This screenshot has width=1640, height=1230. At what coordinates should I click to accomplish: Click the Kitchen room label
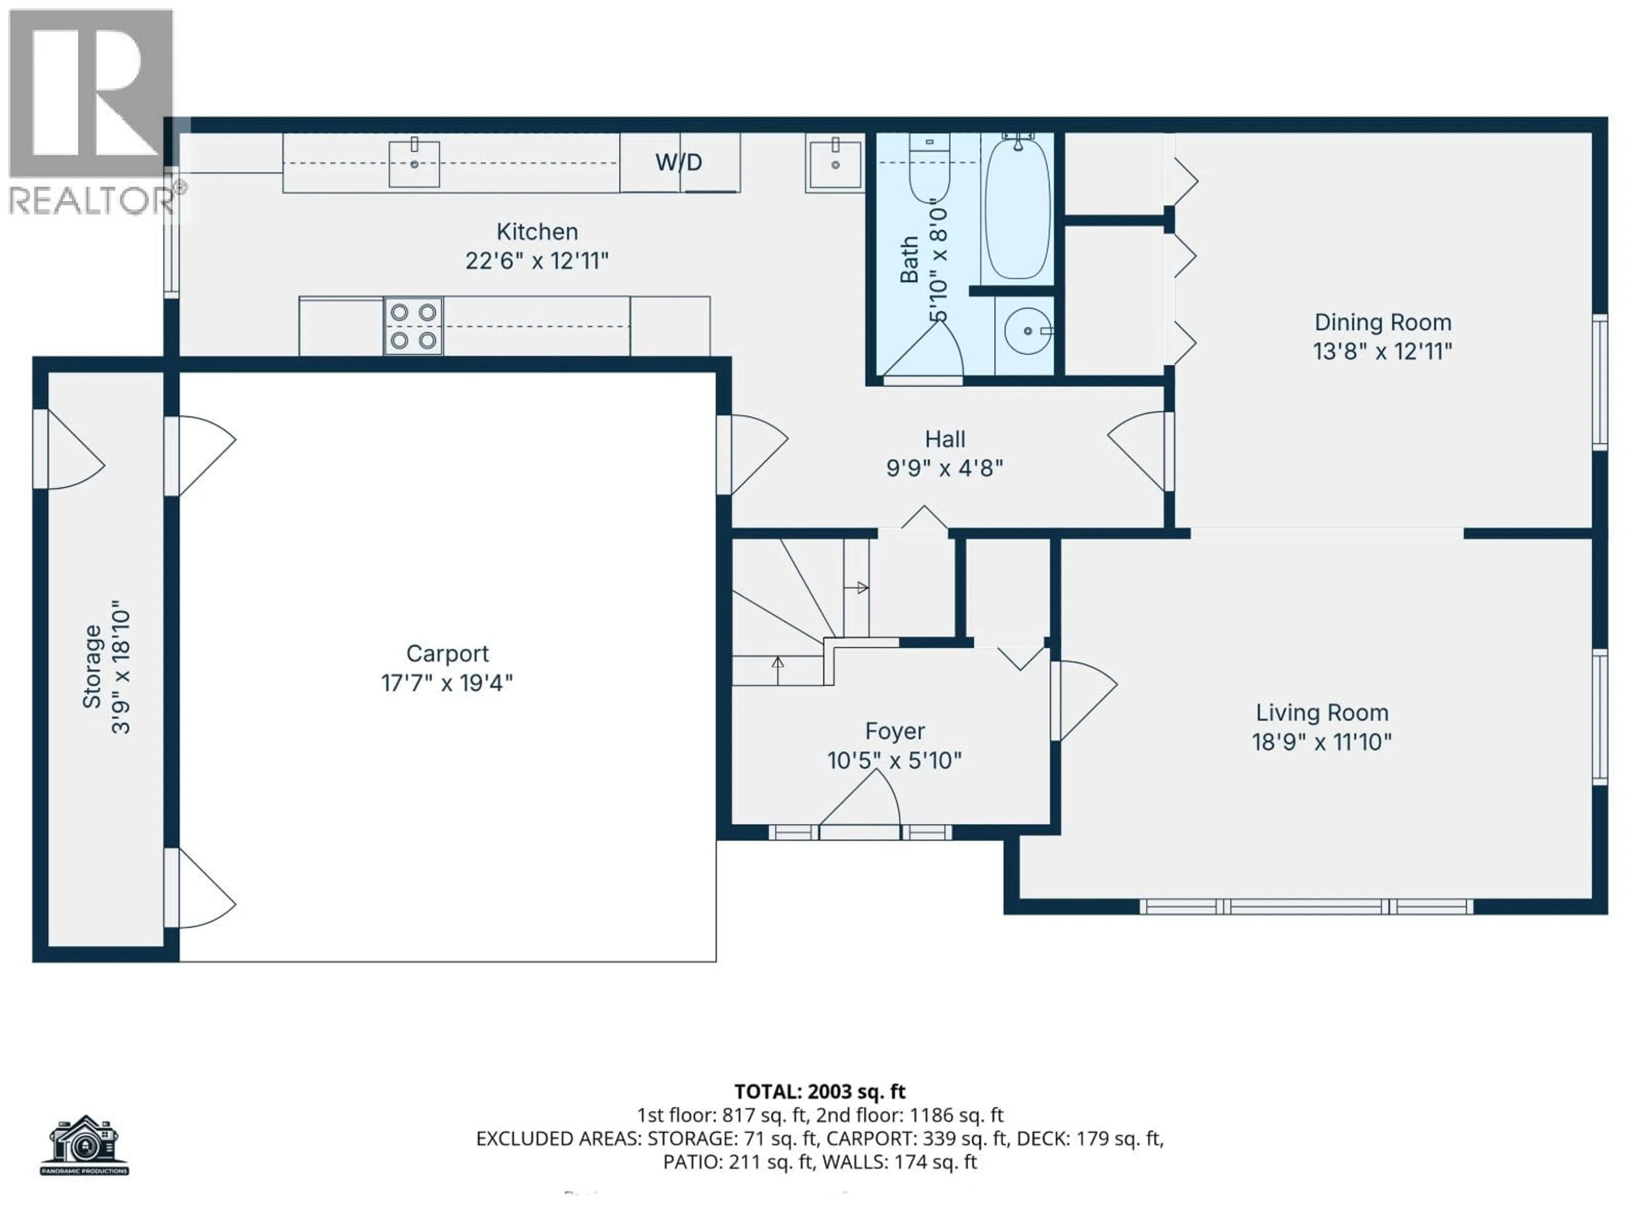[537, 232]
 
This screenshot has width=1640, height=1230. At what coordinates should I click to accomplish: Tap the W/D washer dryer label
[678, 162]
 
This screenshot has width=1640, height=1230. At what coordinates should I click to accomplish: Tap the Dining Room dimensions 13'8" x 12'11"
[1382, 351]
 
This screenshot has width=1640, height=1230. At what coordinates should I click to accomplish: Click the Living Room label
[1321, 712]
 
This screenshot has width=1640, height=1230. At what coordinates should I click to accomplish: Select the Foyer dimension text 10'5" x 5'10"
[894, 761]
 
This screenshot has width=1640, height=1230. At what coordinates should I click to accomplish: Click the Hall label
[945, 439]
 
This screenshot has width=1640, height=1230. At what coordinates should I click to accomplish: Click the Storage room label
[91, 667]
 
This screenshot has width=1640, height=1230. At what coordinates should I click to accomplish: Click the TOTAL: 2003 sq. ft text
[819, 1091]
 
